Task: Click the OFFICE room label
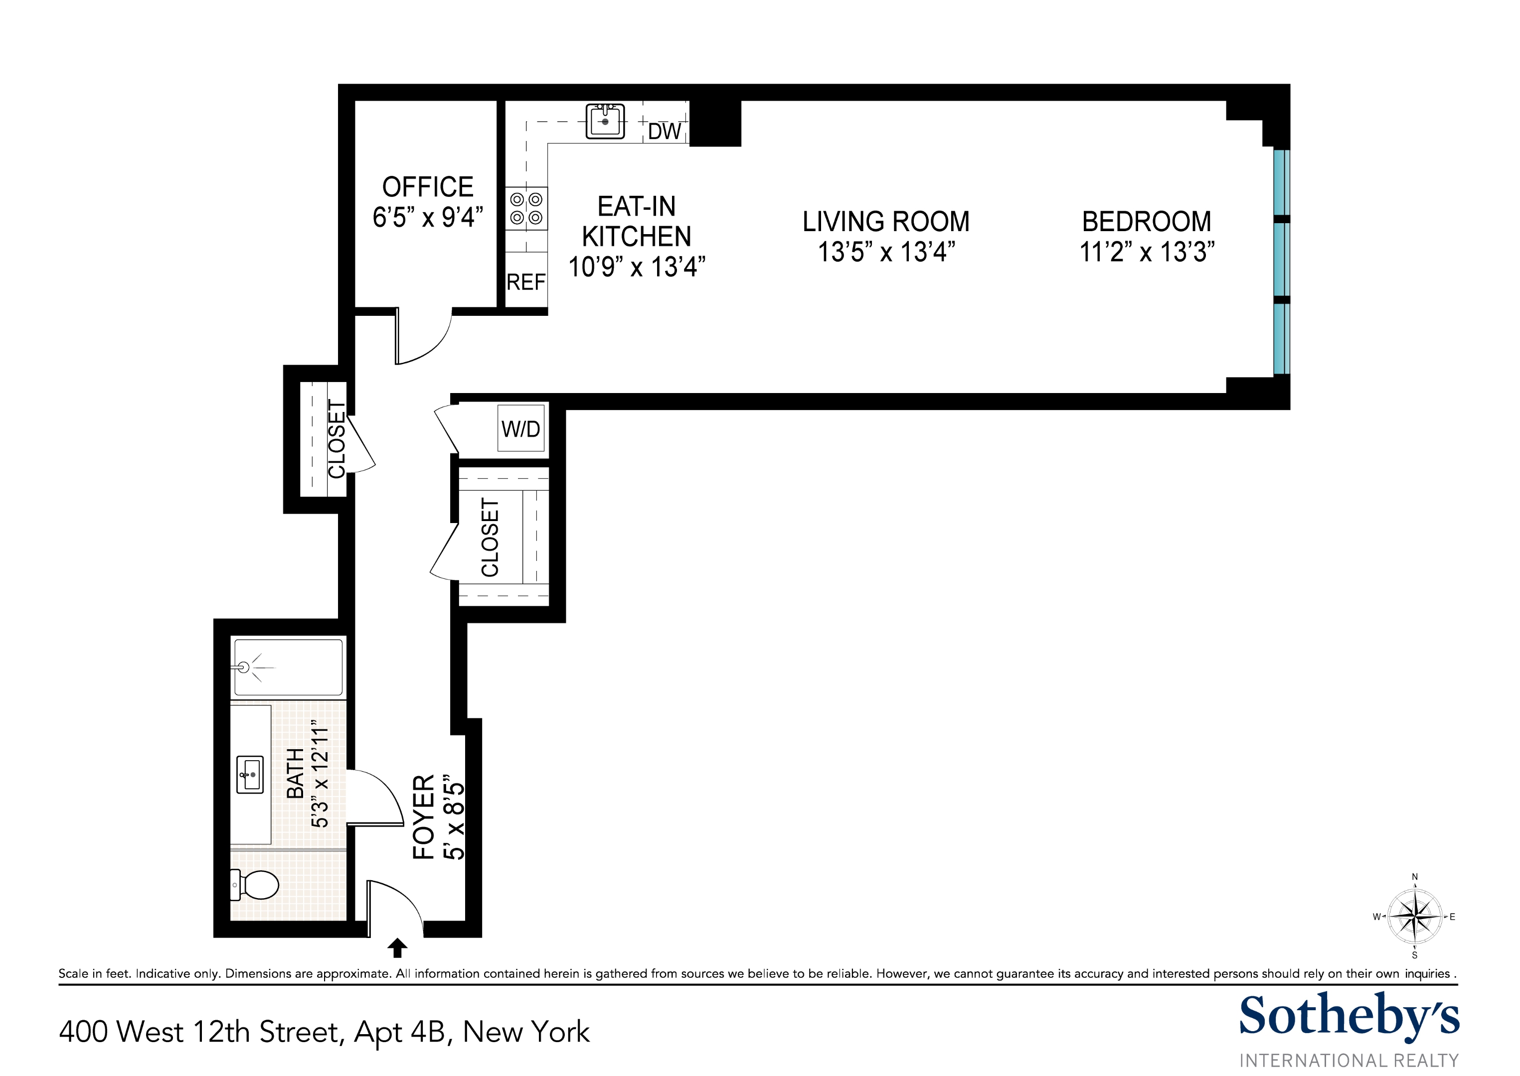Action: (428, 187)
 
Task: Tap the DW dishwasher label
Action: (664, 131)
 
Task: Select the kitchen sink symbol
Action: (605, 121)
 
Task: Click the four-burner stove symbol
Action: (527, 208)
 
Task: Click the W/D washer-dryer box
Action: (520, 429)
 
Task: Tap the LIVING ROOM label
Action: (885, 221)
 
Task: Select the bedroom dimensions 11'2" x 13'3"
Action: (1147, 252)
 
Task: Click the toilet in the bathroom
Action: (257, 885)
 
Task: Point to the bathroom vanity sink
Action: (250, 774)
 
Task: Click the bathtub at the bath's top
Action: (288, 667)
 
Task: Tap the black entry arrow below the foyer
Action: (397, 948)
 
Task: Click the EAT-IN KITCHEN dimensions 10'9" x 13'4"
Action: (637, 267)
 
